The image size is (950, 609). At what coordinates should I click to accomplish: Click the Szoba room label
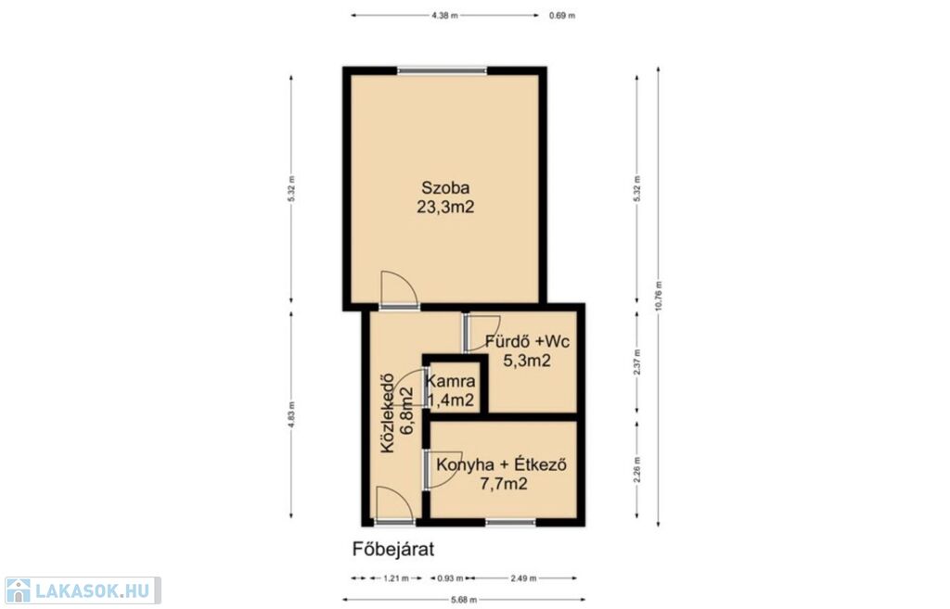click(445, 187)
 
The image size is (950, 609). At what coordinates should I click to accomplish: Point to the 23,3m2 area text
click(445, 207)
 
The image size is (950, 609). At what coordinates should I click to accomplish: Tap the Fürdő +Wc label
click(527, 341)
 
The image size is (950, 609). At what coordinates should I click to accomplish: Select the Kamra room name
click(450, 381)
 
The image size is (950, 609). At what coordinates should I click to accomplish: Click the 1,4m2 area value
click(450, 400)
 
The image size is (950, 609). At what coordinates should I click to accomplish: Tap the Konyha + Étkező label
click(502, 465)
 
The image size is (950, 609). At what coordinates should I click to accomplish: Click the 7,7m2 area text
click(503, 484)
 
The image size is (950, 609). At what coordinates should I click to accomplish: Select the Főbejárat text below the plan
click(393, 549)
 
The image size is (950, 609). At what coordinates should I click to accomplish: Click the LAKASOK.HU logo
click(82, 590)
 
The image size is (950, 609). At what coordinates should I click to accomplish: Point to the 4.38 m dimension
click(444, 16)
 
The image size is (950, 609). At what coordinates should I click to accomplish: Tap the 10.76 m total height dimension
click(659, 296)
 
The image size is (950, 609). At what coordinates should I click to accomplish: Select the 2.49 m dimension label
click(523, 578)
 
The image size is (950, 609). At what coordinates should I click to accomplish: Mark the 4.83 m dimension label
click(291, 414)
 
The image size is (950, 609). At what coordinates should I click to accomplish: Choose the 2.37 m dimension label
click(636, 362)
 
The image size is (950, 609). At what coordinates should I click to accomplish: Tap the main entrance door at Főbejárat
click(394, 505)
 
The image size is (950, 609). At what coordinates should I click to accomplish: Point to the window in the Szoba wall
click(443, 70)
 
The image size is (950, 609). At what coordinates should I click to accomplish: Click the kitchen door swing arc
click(444, 470)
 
